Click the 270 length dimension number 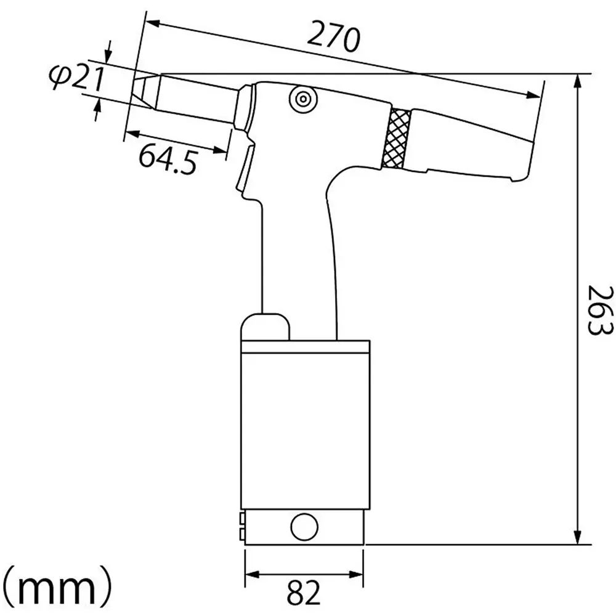pyautogui.click(x=333, y=38)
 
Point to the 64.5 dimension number pyautogui.click(x=168, y=158)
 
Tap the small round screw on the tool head pyautogui.click(x=302, y=99)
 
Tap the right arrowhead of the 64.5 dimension pyautogui.click(x=223, y=149)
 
